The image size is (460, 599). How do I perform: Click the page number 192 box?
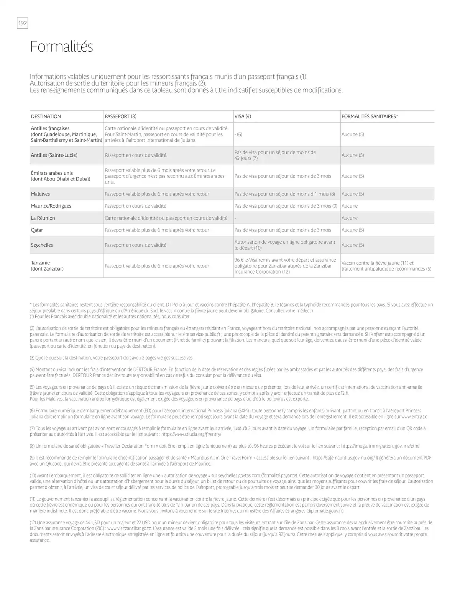pos(23,23)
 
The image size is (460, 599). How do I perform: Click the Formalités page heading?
pos(61,47)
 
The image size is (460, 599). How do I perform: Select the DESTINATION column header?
pos(46,117)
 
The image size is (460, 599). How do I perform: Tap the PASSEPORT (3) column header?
pos(120,117)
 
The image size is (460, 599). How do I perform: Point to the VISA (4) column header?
pos(243,117)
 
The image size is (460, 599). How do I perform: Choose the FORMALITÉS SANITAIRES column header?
pos(370,117)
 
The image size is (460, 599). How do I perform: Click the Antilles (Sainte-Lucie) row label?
pos(54,155)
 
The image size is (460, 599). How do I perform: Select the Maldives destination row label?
pos(40,194)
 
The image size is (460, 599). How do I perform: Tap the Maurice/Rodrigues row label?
pos(51,206)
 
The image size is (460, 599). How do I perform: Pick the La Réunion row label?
pos(43,218)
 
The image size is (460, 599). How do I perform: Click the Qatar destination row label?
pos(37,230)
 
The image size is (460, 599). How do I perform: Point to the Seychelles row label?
pos(42,245)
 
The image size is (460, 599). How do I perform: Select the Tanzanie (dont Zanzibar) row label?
pos(47,266)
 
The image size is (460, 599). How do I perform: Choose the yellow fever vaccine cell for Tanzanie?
pos(386,266)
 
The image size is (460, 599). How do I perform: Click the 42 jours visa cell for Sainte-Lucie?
pos(275,155)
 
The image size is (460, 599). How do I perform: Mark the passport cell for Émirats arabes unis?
pos(165,176)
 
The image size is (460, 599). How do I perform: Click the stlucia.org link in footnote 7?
pos(191,434)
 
